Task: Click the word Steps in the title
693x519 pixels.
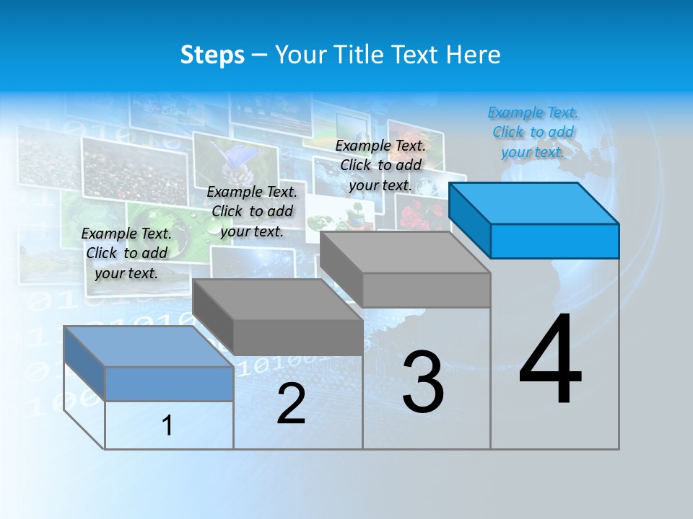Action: click(x=212, y=55)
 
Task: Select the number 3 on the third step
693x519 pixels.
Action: click(x=423, y=382)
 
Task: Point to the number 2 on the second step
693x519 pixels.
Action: click(x=291, y=404)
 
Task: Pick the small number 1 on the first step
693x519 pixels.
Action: click(x=167, y=425)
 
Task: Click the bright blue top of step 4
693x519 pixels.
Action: click(x=534, y=203)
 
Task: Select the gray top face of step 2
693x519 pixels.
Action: click(x=278, y=299)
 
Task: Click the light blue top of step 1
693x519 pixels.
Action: click(x=149, y=346)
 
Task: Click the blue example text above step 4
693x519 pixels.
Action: click(x=533, y=132)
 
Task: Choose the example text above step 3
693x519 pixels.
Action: click(x=380, y=165)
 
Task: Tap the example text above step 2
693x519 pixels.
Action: click(x=252, y=211)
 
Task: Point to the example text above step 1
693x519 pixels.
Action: click(x=126, y=253)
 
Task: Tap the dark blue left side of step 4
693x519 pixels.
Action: click(x=469, y=220)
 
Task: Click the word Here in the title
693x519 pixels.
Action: click(x=474, y=55)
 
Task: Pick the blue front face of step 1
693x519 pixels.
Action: click(x=169, y=383)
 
